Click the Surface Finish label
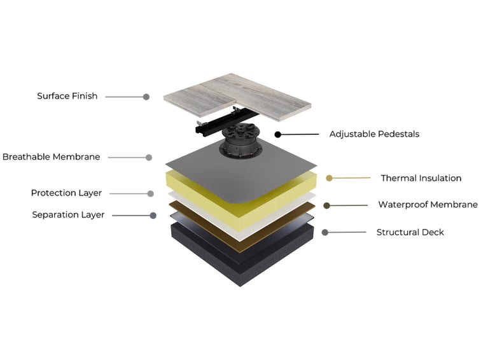pyautogui.click(x=67, y=96)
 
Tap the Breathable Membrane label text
pyautogui.click(x=52, y=156)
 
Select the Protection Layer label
pyautogui.click(x=66, y=193)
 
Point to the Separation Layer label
pyautogui.click(x=68, y=214)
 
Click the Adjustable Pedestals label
pyautogui.click(x=374, y=134)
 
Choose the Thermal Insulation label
pyautogui.click(x=421, y=178)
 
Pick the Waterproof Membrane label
pyautogui.click(x=428, y=205)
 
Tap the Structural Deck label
pyautogui.click(x=410, y=232)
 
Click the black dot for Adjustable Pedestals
pyautogui.click(x=278, y=134)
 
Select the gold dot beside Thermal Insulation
pyautogui.click(x=329, y=178)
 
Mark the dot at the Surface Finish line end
pyautogui.click(x=146, y=97)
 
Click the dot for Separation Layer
pyautogui.click(x=153, y=216)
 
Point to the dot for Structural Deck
pyautogui.click(x=325, y=232)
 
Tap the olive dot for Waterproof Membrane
pyautogui.click(x=326, y=205)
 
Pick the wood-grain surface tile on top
pyautogui.click(x=238, y=95)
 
